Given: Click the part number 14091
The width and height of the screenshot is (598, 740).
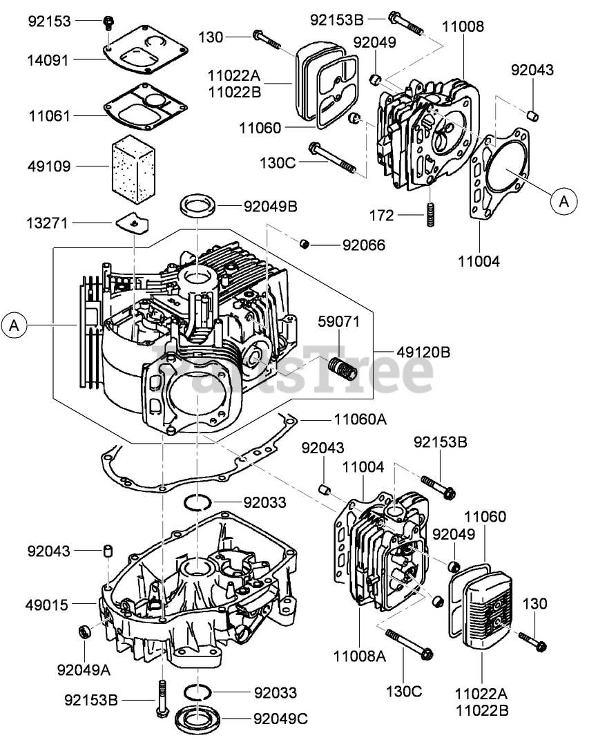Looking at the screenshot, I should coord(49,60).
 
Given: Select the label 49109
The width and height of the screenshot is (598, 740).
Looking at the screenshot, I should coord(49,166).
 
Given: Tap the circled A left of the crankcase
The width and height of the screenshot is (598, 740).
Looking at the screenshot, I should coord(15,325).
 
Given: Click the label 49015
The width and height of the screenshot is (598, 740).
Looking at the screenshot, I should coord(49,605).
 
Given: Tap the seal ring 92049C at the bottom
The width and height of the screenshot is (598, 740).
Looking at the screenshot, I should coord(198,718).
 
